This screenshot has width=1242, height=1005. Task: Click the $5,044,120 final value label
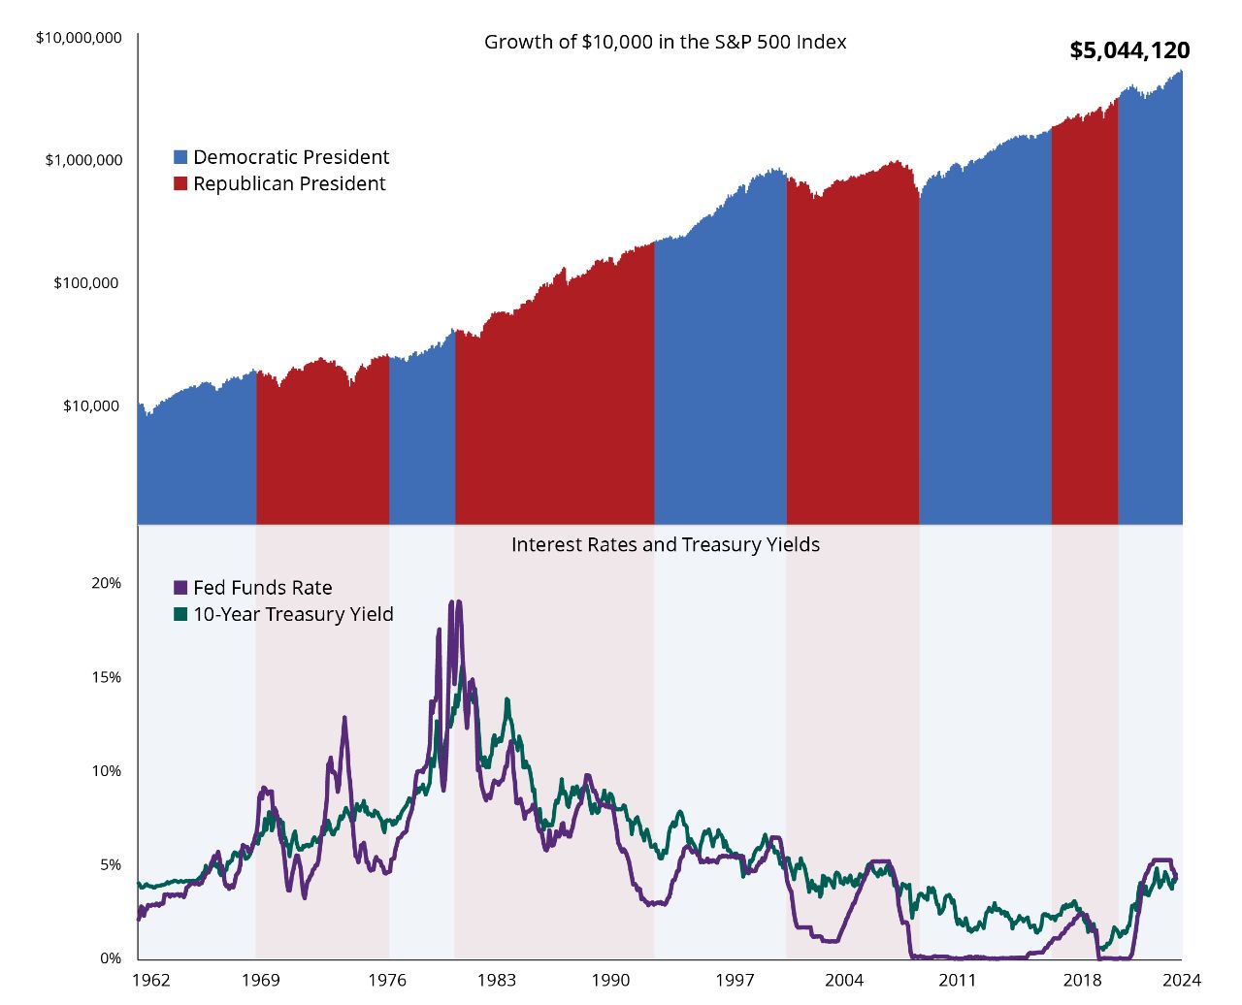tap(1129, 50)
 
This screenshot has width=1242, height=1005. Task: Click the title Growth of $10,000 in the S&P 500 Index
tap(665, 43)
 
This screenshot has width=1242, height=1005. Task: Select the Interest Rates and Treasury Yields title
tap(665, 545)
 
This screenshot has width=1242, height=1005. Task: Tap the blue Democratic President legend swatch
tap(180, 157)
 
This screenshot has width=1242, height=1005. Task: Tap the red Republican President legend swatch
tap(180, 184)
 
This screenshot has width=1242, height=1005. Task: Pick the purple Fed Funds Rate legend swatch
tap(180, 588)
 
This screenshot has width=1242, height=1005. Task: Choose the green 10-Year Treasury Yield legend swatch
tap(180, 614)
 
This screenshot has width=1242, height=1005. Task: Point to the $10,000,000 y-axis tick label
tap(79, 38)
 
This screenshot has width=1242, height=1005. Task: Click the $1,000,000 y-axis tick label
tap(83, 160)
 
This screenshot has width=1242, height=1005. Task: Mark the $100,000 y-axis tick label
tap(85, 283)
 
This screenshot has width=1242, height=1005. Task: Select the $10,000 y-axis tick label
tap(90, 405)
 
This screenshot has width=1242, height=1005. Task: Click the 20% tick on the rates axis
tap(106, 583)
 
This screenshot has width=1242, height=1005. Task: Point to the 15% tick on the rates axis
tap(106, 677)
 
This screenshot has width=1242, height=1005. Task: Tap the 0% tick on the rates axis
tap(110, 958)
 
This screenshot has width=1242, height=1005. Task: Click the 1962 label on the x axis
tap(150, 980)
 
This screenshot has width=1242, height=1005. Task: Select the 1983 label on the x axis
tap(496, 980)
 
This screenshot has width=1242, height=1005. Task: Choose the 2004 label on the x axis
tap(843, 980)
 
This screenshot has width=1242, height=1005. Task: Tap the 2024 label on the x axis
tap(1182, 980)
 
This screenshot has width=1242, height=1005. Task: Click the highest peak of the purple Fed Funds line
tap(451, 602)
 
